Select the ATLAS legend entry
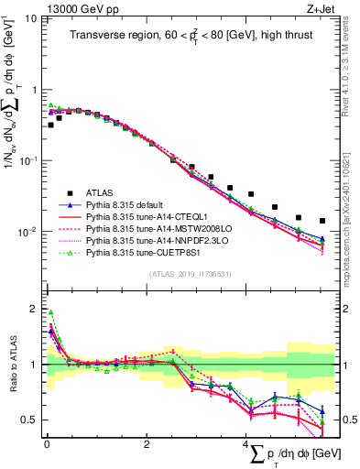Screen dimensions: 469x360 [101, 192]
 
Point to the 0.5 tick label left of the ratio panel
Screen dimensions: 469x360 [28, 420]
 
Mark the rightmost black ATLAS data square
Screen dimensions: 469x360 [322, 221]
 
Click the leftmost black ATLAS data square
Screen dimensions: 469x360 [50, 125]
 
